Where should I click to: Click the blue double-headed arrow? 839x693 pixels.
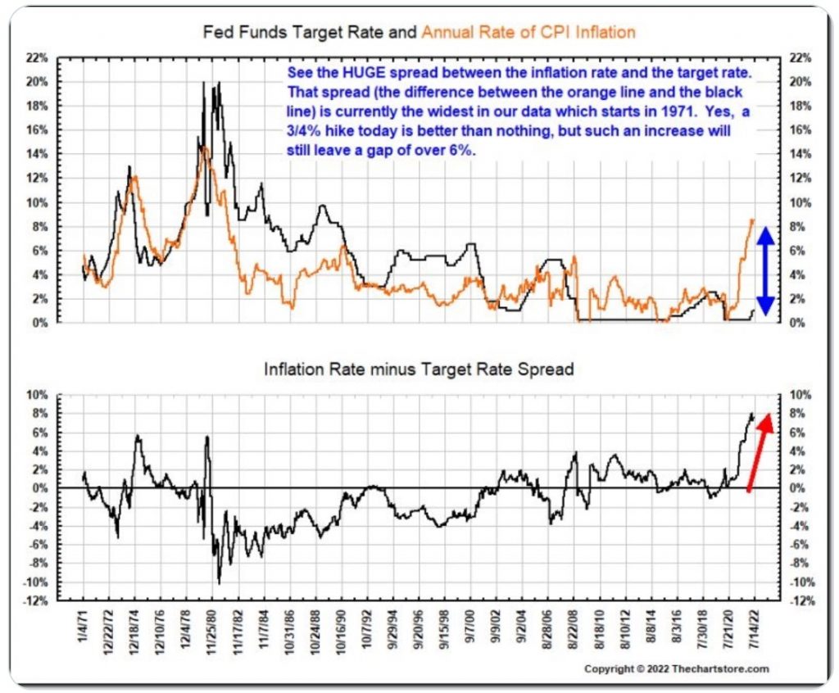pos(765,270)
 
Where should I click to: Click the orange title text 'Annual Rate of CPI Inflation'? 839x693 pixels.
pos(528,33)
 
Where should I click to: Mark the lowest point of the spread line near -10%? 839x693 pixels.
pos(219,582)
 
